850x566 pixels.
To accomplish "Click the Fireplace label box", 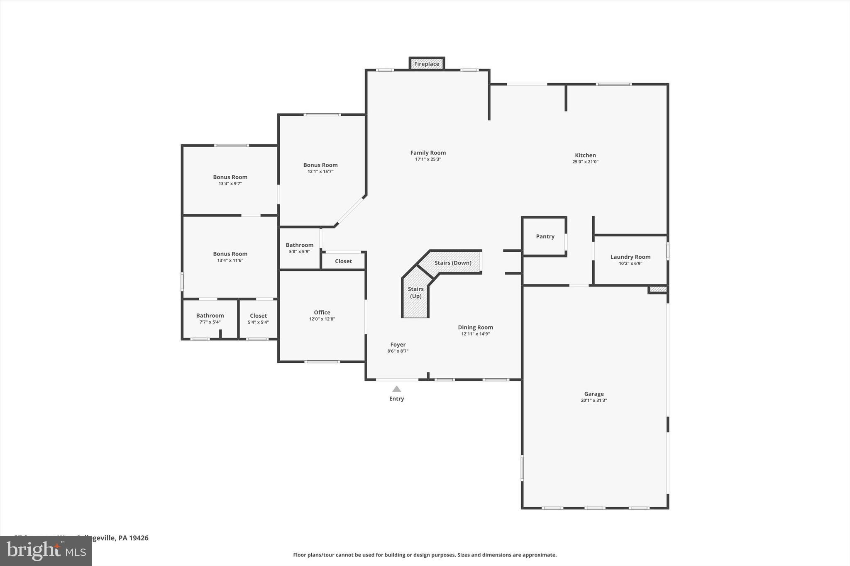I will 427,64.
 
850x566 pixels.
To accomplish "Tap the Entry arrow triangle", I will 397,389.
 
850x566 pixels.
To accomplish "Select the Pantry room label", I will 545,236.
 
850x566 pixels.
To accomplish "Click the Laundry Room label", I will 630,257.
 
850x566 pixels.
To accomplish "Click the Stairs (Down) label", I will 453,263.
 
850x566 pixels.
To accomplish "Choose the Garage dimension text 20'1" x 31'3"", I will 594,401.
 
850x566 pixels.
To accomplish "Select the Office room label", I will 322,313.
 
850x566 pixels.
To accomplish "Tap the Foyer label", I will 398,345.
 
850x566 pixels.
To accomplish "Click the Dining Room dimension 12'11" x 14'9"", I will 475,334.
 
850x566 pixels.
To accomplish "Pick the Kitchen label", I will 585,155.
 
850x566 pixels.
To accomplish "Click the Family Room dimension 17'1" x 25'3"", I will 428,159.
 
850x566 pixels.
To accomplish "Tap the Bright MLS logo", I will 46,551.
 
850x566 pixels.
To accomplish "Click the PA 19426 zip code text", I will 133,538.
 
